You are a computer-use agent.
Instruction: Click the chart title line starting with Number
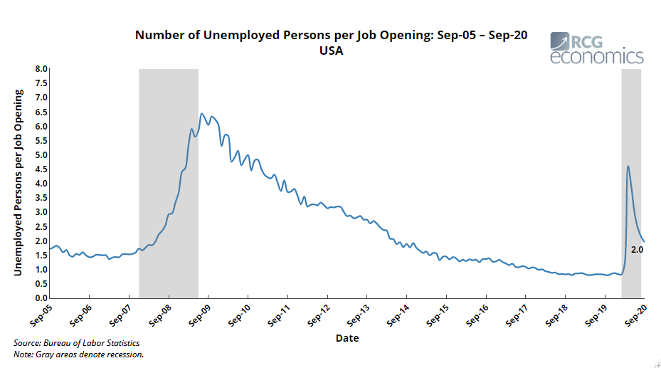331,36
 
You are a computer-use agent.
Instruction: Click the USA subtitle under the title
331,51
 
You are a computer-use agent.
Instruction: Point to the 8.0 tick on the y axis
40,69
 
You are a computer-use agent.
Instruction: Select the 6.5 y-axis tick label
40,112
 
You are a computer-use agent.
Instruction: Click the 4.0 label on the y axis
40,184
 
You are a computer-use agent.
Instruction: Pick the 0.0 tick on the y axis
40,298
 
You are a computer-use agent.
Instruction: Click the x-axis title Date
347,337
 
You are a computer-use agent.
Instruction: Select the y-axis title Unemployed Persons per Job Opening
18,183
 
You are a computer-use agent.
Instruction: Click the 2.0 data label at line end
637,250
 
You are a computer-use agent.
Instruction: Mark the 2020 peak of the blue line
628,167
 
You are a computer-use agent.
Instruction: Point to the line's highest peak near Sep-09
202,114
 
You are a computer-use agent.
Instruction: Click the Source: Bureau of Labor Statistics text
76,343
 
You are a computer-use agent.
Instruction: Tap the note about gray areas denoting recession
79,354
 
